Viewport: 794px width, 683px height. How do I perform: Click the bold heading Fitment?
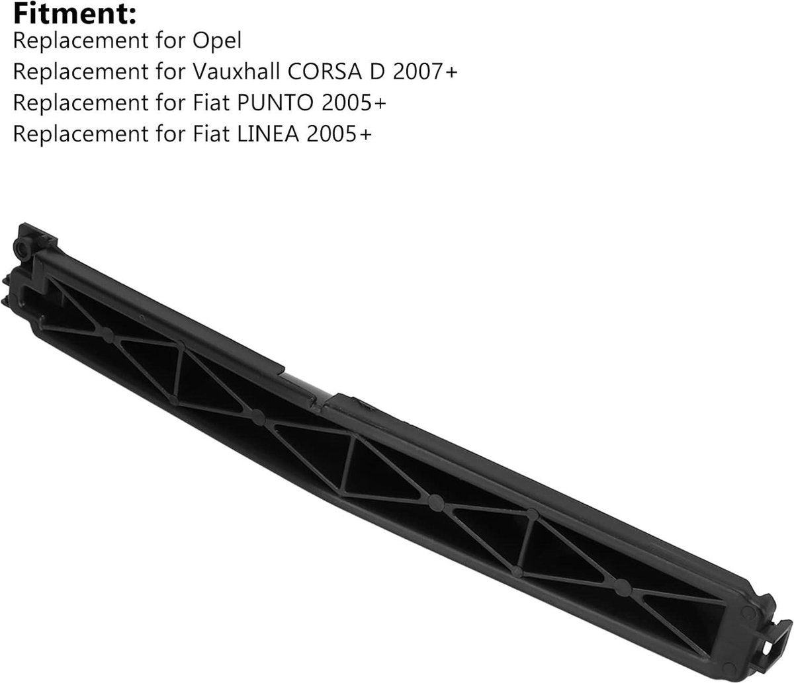[x=75, y=14]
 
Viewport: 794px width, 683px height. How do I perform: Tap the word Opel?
[x=217, y=40]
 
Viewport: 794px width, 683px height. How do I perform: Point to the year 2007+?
[x=425, y=72]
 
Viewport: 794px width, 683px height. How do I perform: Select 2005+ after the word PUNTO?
[x=353, y=103]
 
